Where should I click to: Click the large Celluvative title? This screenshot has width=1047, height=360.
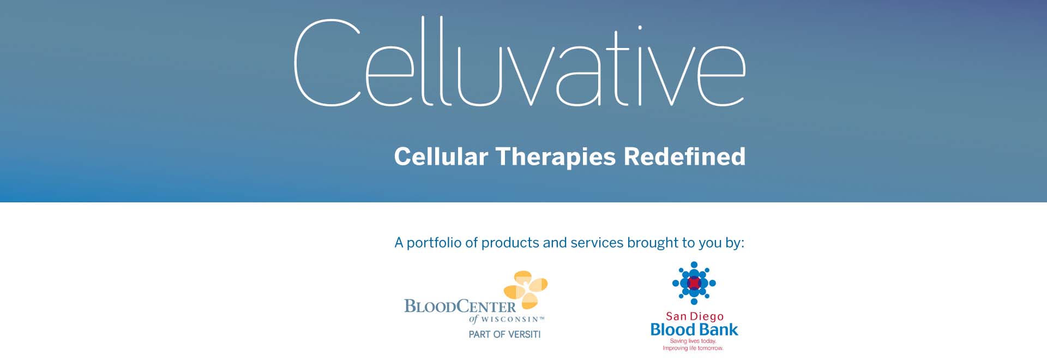click(x=519, y=62)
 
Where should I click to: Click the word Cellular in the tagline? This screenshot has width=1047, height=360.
click(x=441, y=157)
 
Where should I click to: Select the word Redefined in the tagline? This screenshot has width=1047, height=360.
click(x=684, y=157)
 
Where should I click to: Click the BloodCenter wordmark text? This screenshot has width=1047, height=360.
click(x=460, y=307)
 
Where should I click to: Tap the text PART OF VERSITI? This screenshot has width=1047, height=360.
click(x=504, y=334)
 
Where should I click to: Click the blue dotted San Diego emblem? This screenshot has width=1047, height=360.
click(x=694, y=283)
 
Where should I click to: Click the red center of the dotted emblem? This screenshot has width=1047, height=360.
click(x=694, y=283)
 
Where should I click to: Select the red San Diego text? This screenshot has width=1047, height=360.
click(x=695, y=316)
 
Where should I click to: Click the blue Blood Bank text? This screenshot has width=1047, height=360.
click(x=694, y=329)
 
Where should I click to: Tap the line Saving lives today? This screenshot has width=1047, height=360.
click(x=693, y=341)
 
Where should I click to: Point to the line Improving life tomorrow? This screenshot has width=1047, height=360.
click(x=693, y=348)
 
